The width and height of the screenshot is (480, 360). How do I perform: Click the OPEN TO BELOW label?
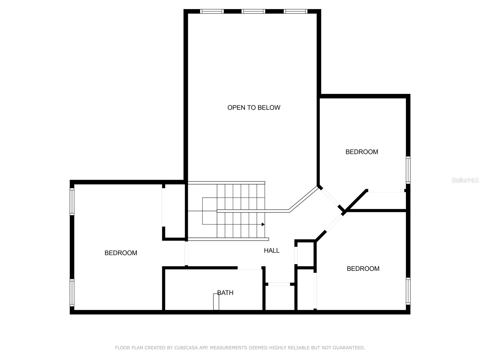point(254,107)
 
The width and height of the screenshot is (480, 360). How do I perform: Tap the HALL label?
point(271,250)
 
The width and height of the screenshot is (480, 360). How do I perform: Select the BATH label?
point(225,293)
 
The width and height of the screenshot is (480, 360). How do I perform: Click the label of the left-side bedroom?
point(121,253)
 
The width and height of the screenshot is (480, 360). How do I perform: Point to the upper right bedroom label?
point(361,152)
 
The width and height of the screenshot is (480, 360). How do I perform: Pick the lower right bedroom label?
point(363,268)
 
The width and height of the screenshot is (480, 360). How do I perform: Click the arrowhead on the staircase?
point(263,224)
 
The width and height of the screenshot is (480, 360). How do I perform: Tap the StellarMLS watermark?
point(465,180)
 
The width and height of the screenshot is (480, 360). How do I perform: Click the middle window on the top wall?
point(253,11)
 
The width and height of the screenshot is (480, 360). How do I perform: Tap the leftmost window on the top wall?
point(212,11)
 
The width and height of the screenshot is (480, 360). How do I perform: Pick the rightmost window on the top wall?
point(295,11)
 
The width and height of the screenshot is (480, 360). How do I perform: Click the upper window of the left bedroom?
point(72,202)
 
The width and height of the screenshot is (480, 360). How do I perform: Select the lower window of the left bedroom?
point(72,292)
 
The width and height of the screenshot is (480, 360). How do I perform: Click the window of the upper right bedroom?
point(408,170)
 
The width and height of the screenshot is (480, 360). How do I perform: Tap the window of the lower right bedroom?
point(408,291)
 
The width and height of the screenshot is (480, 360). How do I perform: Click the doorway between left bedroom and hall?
point(186,253)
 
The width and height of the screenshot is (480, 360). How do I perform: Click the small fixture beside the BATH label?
point(216,302)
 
